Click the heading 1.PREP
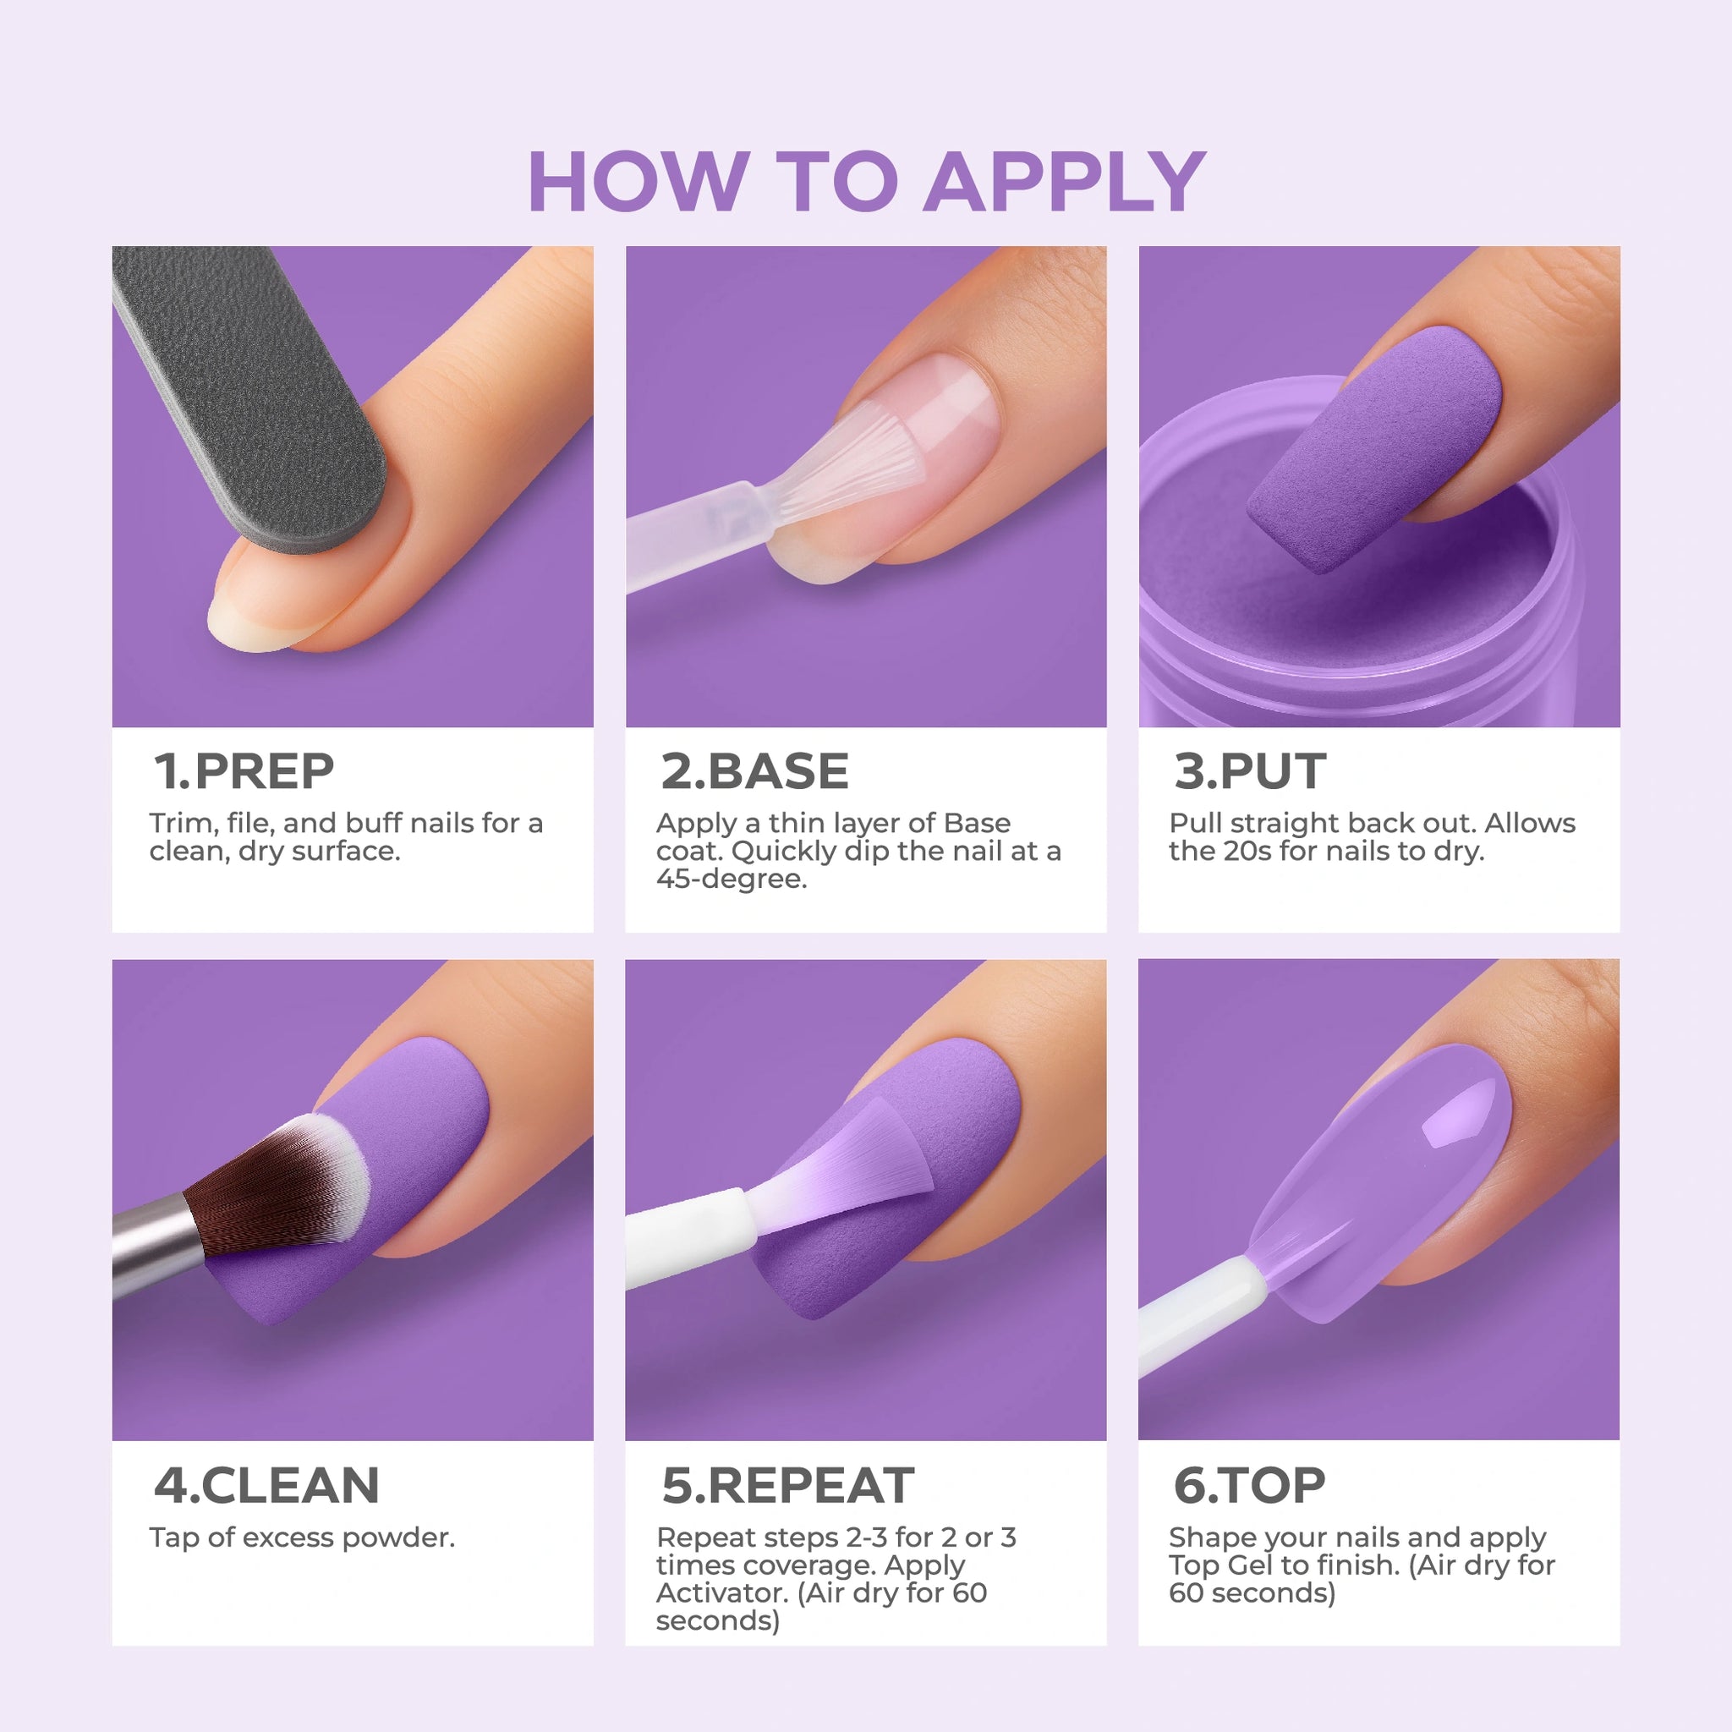(244, 771)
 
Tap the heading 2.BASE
(755, 771)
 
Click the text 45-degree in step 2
(732, 879)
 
